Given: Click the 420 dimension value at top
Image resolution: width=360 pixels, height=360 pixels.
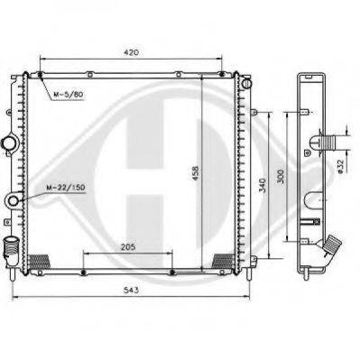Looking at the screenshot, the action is pyautogui.click(x=131, y=52).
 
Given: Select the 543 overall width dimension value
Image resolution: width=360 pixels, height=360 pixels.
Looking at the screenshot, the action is pyautogui.click(x=132, y=290).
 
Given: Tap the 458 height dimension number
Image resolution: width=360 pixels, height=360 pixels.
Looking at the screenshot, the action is pyautogui.click(x=196, y=173).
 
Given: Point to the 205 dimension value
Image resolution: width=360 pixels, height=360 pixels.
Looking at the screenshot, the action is pyautogui.click(x=128, y=247).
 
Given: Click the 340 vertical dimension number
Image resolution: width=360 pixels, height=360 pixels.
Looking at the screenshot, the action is pyautogui.click(x=263, y=185).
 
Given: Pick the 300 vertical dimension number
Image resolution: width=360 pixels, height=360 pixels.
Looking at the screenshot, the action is pyautogui.click(x=281, y=177).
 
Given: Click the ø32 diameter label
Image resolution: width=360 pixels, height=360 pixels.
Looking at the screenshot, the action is pyautogui.click(x=340, y=166).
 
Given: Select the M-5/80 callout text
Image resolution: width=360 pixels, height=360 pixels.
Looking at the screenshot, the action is pyautogui.click(x=68, y=95).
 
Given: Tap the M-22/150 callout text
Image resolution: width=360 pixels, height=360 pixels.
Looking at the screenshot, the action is pyautogui.click(x=66, y=188).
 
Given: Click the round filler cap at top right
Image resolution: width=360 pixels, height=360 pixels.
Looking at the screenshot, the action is pyautogui.click(x=246, y=83).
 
